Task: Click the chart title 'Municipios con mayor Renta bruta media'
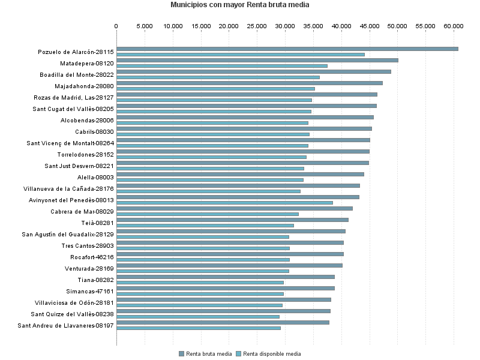[240, 5]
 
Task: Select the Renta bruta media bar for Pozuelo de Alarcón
[287, 49]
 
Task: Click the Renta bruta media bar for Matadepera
[257, 60]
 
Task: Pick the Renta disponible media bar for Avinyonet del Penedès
[224, 203]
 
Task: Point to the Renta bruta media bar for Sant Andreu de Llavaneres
[223, 322]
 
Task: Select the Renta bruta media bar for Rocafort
[230, 254]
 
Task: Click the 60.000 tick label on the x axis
[454, 26]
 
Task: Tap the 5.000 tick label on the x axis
[145, 26]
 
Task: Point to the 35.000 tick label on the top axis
[313, 26]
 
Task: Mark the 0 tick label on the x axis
[116, 26]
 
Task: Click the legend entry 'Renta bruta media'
[205, 354]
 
